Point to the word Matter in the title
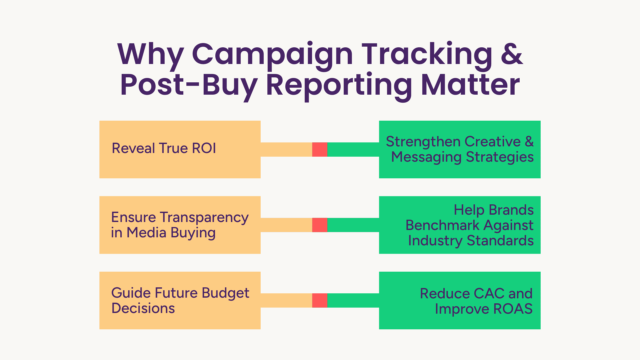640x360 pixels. click(470, 85)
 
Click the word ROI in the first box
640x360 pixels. click(204, 148)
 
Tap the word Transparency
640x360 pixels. click(204, 218)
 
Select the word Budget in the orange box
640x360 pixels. click(225, 294)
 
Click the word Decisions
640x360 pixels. click(143, 308)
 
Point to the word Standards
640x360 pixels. click(500, 241)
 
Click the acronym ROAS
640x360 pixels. click(513, 309)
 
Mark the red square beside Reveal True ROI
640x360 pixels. click(320, 149)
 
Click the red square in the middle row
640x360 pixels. click(320, 225)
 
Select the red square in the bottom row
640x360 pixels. click(320, 300)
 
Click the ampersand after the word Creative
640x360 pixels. click(529, 142)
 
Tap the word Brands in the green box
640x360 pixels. click(511, 210)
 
